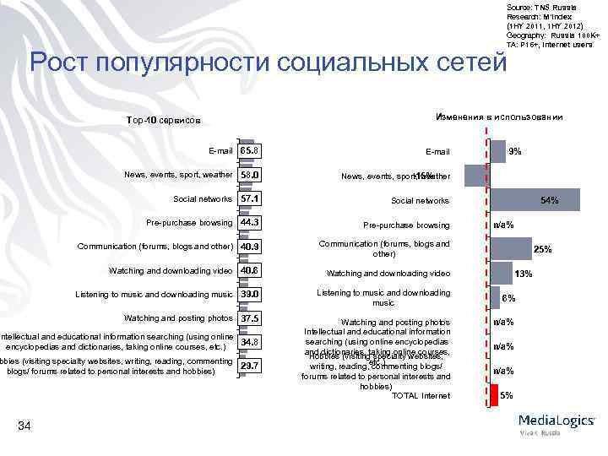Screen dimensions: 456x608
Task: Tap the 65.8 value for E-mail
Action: pyautogui.click(x=249, y=151)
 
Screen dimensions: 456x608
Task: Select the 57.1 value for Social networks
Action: pyautogui.click(x=249, y=198)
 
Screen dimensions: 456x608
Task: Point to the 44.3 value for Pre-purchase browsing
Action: pyautogui.click(x=249, y=222)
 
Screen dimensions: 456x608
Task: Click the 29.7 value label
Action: pyautogui.click(x=249, y=366)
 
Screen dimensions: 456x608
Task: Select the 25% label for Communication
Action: pyautogui.click(x=542, y=249)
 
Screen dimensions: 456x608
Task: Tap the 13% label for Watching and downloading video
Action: pyautogui.click(x=524, y=274)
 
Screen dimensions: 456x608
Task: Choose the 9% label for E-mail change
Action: pyautogui.click(x=515, y=152)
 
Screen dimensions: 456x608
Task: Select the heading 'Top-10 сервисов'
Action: pyautogui.click(x=162, y=120)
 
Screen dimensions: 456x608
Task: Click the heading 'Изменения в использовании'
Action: pyautogui.click(x=499, y=117)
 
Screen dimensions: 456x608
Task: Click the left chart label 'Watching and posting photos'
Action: pyautogui.click(x=178, y=318)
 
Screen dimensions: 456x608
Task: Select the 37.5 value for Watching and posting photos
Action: pyautogui.click(x=249, y=319)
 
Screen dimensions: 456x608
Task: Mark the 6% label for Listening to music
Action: pyautogui.click(x=509, y=298)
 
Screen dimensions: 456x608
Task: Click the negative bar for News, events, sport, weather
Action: pyautogui.click(x=475, y=175)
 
